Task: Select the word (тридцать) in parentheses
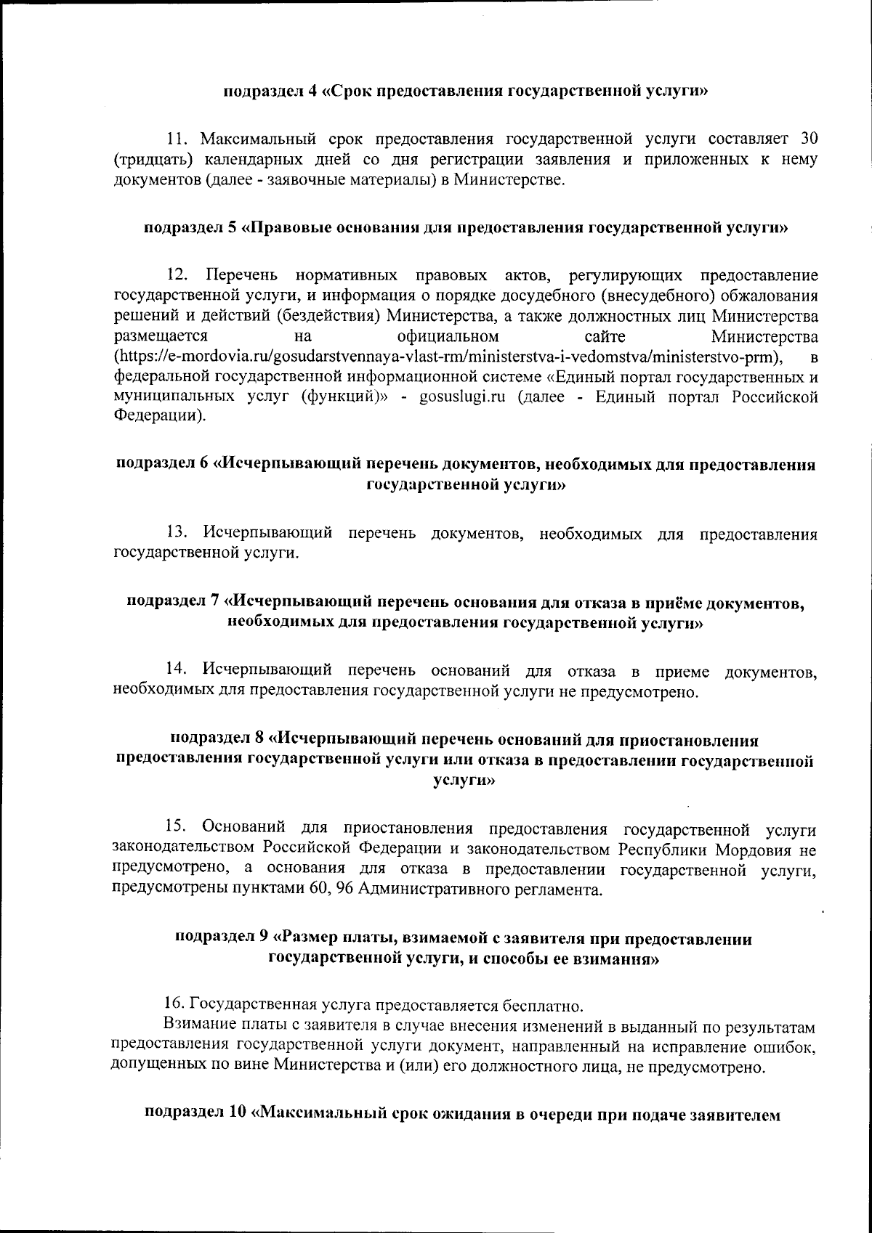(x=149, y=160)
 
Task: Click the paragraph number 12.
(x=177, y=276)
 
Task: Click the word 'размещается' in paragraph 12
(x=161, y=337)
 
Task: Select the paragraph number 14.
(x=177, y=669)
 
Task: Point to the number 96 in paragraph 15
(x=342, y=890)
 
